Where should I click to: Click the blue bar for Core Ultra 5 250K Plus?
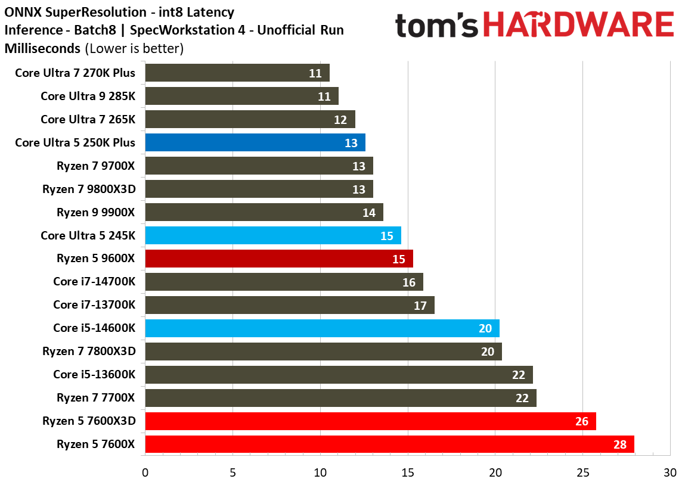click(255, 142)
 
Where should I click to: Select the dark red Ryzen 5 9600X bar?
click(278, 259)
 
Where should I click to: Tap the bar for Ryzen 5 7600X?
click(389, 444)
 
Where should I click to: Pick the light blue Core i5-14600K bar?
click(322, 328)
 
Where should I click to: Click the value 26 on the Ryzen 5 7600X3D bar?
click(581, 422)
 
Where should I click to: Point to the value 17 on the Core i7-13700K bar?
click(420, 306)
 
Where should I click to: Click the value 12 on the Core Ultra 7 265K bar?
click(340, 120)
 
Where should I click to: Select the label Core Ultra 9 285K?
click(88, 96)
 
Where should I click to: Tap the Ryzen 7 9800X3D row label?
click(89, 189)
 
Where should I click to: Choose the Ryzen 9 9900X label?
click(96, 212)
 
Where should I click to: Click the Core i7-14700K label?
click(94, 282)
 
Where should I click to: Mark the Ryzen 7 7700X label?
click(96, 397)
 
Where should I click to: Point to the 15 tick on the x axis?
click(408, 472)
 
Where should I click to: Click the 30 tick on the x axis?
click(671, 472)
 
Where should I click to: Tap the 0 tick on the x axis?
click(145, 472)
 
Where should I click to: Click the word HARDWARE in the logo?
click(578, 26)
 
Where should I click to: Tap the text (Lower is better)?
click(135, 48)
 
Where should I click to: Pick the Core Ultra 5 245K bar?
click(272, 235)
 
